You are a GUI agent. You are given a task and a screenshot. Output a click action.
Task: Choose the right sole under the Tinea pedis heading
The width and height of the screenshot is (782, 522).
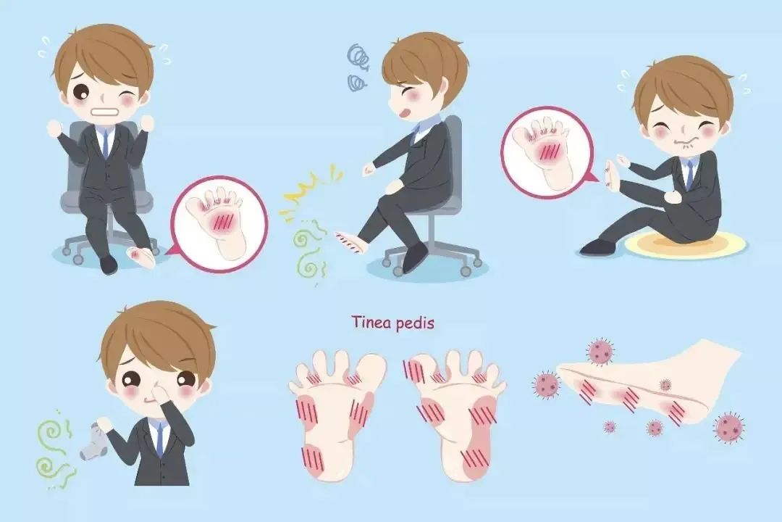tap(454, 415)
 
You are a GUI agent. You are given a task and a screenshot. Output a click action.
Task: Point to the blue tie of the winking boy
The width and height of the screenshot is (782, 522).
tap(105, 143)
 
